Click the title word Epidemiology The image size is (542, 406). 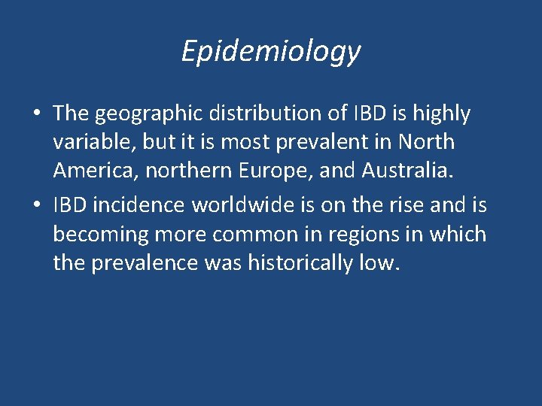pyautogui.click(x=271, y=51)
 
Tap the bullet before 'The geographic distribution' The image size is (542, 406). pyautogui.click(x=37, y=114)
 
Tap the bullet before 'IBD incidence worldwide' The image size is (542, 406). pyautogui.click(x=37, y=205)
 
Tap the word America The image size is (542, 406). pyautogui.click(x=96, y=172)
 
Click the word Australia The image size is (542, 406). pyautogui.click(x=409, y=172)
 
